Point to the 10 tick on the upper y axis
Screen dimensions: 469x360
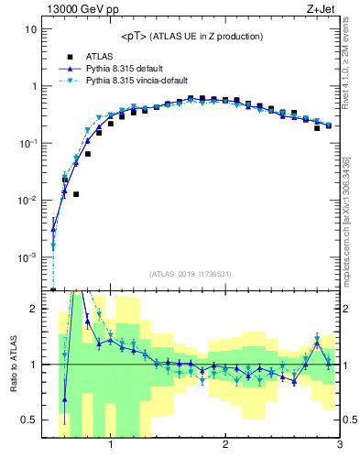click(x=29, y=29)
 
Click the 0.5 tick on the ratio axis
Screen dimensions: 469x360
click(x=28, y=420)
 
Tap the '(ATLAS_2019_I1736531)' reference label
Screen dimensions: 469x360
click(x=191, y=274)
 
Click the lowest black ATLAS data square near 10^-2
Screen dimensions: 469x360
click(x=76, y=194)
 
